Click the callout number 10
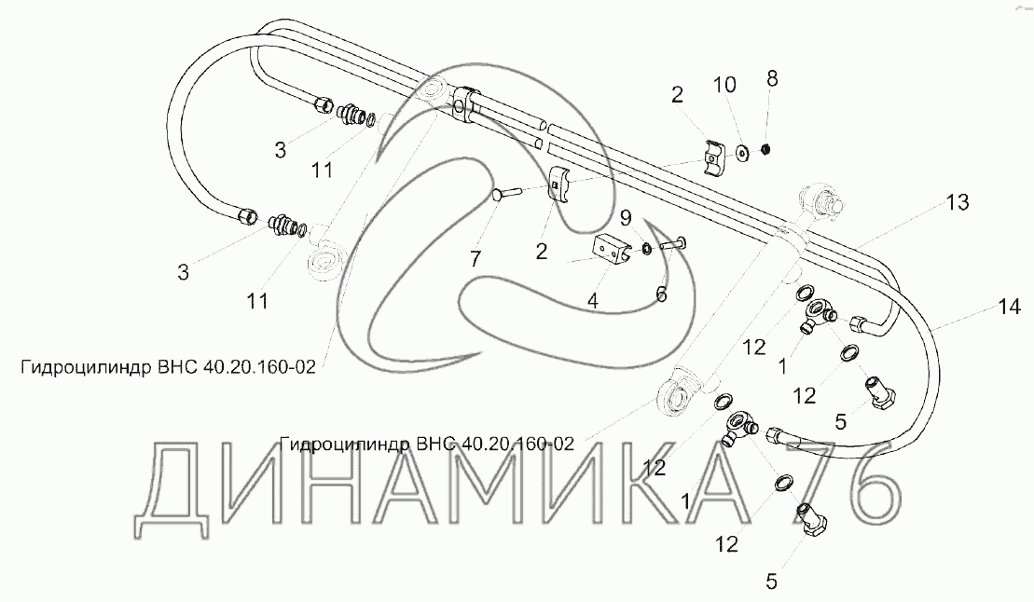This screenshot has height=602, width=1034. pyautogui.click(x=724, y=85)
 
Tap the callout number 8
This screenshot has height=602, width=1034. pyautogui.click(x=771, y=78)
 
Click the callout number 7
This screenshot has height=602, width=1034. pyautogui.click(x=476, y=259)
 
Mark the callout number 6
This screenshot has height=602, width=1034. pyautogui.click(x=661, y=294)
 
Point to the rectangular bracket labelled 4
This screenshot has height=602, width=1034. pyautogui.click(x=611, y=252)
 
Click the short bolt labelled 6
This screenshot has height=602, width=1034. pyautogui.click(x=673, y=245)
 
